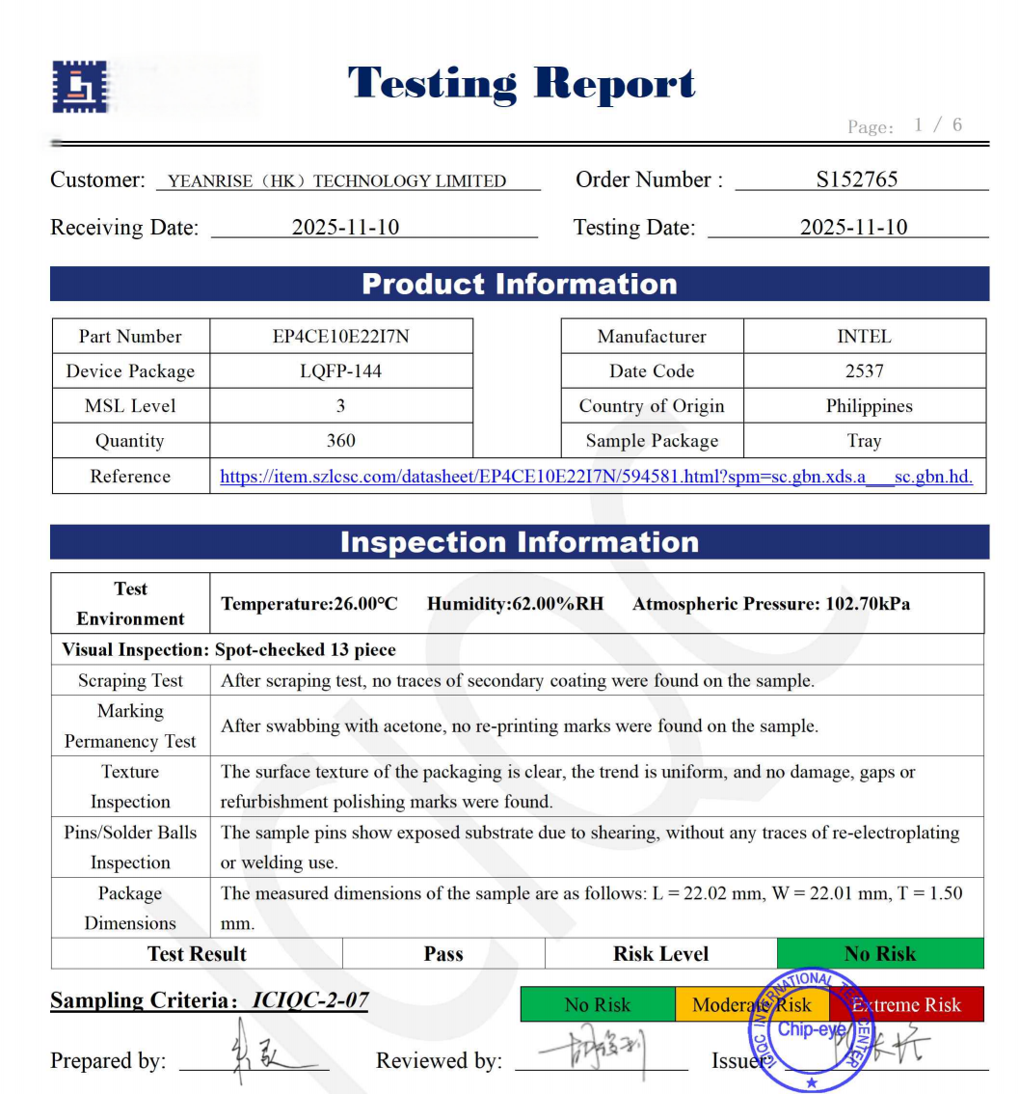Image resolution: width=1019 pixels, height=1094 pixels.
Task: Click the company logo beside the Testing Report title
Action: [x=79, y=87]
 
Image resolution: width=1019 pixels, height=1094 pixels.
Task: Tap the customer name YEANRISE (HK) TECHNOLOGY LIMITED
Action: [x=336, y=181]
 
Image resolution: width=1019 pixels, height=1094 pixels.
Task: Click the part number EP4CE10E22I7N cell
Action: [x=341, y=337]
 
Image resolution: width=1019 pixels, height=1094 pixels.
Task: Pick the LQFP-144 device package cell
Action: [x=341, y=371]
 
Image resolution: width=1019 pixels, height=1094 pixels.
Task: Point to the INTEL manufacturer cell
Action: [x=864, y=337]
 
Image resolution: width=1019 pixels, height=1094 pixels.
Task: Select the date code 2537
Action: [x=864, y=371]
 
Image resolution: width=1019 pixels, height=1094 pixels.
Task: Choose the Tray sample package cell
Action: [x=864, y=441]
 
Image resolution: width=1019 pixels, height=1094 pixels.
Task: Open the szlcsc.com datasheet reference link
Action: [x=596, y=477]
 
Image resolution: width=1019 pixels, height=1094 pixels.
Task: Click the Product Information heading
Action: [x=520, y=285]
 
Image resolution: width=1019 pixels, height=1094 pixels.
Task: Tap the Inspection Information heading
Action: [x=520, y=542]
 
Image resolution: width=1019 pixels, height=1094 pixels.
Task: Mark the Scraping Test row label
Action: [x=130, y=681]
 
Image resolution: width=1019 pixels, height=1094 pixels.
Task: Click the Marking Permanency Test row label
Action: [x=130, y=726]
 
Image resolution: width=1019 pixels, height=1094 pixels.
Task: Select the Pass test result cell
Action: [x=443, y=954]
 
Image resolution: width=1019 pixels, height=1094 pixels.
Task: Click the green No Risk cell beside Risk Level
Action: [x=879, y=954]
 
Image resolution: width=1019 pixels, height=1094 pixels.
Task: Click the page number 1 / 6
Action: [x=938, y=124]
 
